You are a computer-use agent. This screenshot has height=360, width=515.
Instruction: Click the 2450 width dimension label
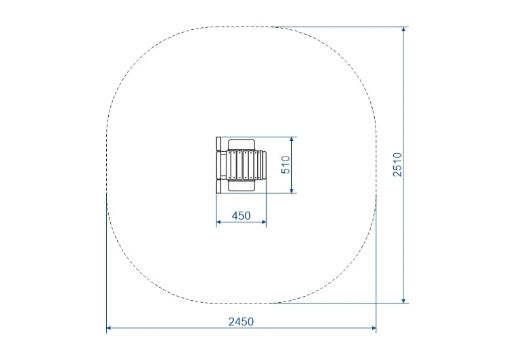point(241,322)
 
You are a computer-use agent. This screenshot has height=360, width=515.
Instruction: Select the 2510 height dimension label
point(397,165)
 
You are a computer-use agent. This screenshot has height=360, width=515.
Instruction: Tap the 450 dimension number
point(241,216)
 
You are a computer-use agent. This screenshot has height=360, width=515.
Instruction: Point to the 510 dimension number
point(286,165)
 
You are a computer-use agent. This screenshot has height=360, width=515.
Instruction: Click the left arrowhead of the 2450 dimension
point(110,328)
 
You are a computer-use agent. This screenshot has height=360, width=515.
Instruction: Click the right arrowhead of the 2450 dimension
point(373,328)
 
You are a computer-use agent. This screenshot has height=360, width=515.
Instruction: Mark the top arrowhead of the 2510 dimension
point(403,29)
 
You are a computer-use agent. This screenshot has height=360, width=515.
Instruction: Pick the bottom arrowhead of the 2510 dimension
point(403,300)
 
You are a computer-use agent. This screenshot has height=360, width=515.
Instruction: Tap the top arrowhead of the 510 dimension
point(291,140)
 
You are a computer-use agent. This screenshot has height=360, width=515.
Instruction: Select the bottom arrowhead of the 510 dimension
point(291,191)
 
